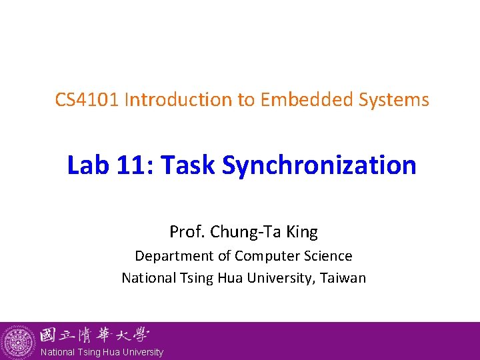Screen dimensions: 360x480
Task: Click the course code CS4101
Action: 87,100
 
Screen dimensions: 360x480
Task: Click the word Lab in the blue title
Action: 87,165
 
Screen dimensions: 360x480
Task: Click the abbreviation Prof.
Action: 187,232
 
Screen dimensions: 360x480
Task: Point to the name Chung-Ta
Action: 243,232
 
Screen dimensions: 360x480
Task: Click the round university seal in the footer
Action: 18,342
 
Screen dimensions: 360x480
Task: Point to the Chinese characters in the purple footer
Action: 94,335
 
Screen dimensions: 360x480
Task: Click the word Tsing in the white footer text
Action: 90,352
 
